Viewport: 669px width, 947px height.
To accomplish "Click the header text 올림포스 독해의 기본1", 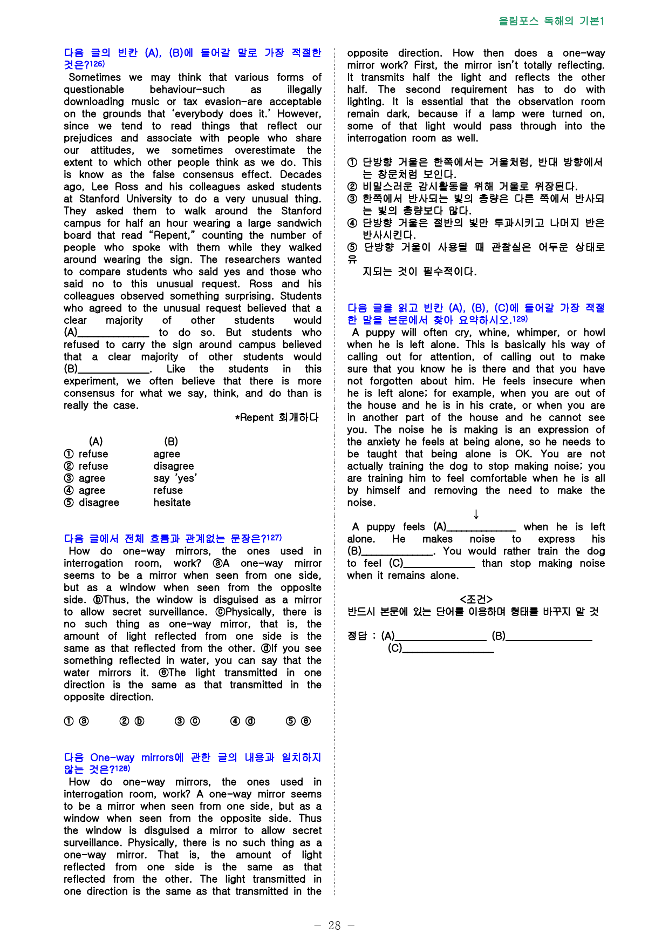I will point(551,21).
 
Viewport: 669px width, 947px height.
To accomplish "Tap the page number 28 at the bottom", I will point(334,925).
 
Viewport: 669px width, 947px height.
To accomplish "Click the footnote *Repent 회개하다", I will point(277,417).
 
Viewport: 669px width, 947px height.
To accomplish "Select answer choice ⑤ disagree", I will point(92,503).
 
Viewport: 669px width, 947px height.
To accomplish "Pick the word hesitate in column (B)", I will point(172,503).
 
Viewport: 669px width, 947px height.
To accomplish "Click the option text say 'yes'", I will point(175,478).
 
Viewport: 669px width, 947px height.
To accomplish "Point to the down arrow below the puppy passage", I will point(476,515).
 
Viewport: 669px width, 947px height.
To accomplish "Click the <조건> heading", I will point(476,599).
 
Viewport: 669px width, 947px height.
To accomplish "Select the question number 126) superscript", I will point(97,64).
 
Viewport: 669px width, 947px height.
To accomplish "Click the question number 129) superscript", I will point(520,319).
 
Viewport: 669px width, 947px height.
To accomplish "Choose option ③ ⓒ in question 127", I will point(187,721).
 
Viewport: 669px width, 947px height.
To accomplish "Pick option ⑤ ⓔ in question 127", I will point(298,721).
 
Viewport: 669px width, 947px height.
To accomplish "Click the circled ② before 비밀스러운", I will point(352,187).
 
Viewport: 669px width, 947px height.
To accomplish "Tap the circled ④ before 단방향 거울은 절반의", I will point(352,223).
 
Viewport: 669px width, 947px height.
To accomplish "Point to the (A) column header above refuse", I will point(96,442).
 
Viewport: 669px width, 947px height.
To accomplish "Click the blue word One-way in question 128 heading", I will point(112,757).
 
